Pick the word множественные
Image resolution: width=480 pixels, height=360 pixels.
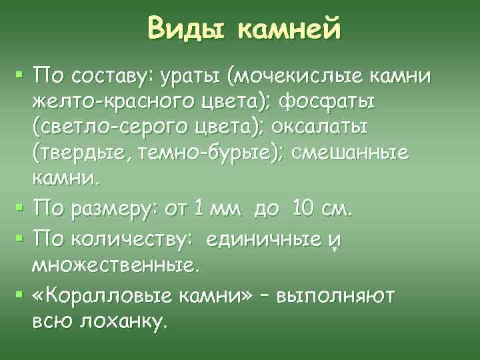click(x=115, y=267)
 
